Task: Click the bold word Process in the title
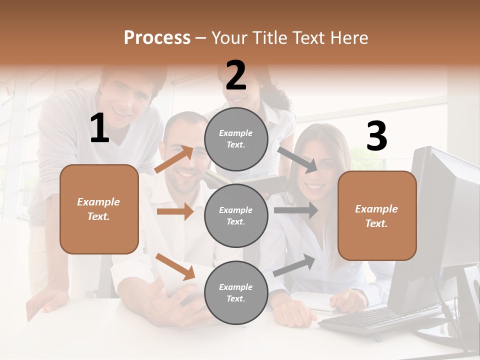pyautogui.click(x=157, y=37)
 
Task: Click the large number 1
pyautogui.click(x=99, y=128)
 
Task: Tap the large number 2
pyautogui.click(x=236, y=75)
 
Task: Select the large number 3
pyautogui.click(x=376, y=136)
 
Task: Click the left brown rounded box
pyautogui.click(x=99, y=209)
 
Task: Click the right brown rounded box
pyautogui.click(x=377, y=215)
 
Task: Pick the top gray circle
pyautogui.click(x=236, y=139)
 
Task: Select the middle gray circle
pyautogui.click(x=236, y=215)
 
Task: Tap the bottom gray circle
pyautogui.click(x=236, y=292)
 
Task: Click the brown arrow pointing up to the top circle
pyautogui.click(x=174, y=159)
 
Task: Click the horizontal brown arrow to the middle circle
pyautogui.click(x=175, y=211)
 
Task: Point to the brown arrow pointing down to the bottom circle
pyautogui.click(x=175, y=266)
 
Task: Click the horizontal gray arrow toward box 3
pyautogui.click(x=296, y=210)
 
